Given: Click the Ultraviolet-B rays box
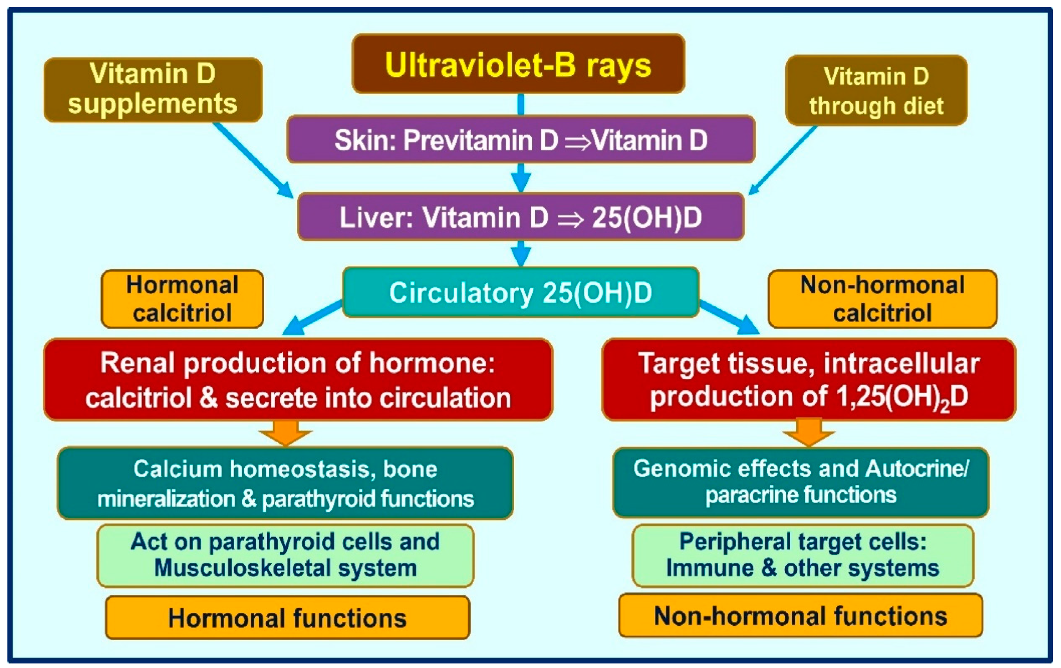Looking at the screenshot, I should (x=518, y=64).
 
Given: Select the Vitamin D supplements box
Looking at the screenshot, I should (x=153, y=89).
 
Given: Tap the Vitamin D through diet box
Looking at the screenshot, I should (x=876, y=90).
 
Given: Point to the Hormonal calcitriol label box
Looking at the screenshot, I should (x=182, y=299).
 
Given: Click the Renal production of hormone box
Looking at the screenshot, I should (x=298, y=380).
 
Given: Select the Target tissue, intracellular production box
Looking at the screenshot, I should (x=809, y=380).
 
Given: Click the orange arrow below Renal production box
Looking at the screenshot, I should (x=286, y=432).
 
